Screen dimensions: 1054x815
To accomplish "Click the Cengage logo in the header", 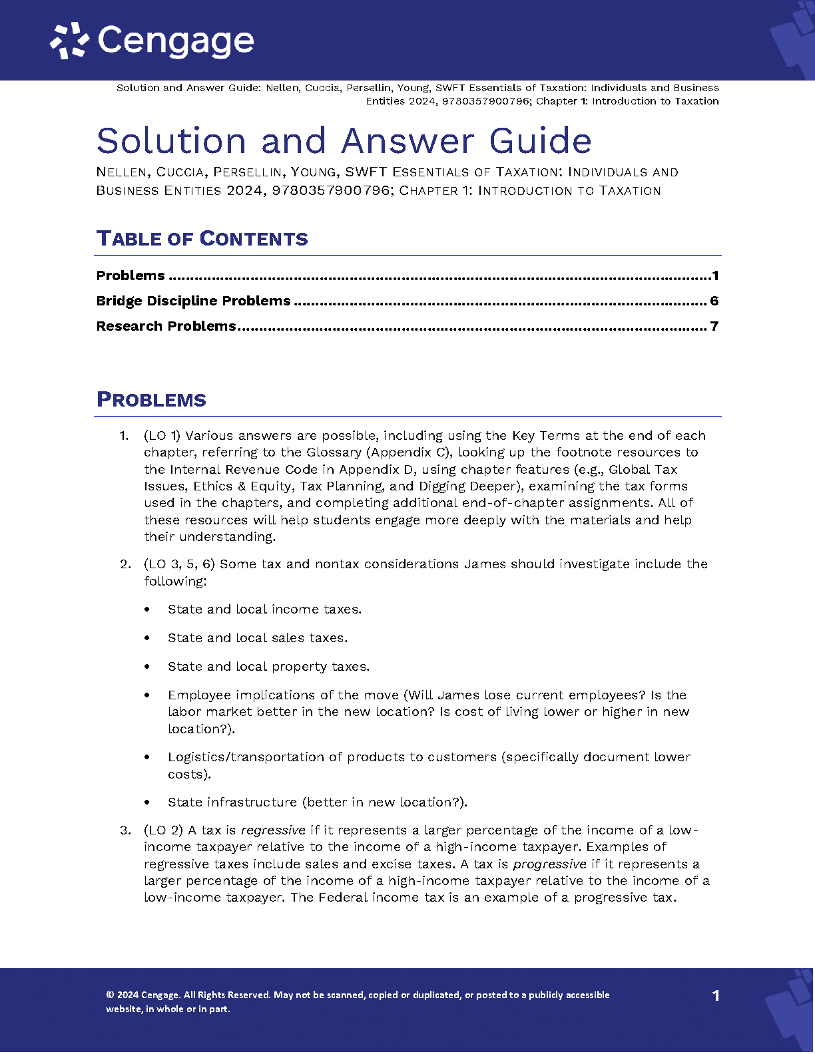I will (x=152, y=41).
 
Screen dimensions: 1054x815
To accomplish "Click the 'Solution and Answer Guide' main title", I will (x=344, y=141).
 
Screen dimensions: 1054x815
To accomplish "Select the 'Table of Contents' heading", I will (x=202, y=239).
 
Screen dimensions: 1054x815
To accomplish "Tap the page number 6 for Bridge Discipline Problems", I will (x=714, y=301).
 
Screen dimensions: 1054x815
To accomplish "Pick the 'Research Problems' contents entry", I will (x=166, y=326).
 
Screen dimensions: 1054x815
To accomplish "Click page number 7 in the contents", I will (x=714, y=326).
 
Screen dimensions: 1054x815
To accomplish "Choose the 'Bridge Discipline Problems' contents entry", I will (x=193, y=301).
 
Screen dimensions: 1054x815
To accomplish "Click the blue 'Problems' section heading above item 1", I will (x=151, y=400).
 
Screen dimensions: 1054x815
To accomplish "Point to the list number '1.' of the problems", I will (x=124, y=436).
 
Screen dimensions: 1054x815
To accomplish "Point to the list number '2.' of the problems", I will (x=125, y=564).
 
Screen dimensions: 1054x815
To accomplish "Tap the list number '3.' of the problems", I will (x=125, y=830).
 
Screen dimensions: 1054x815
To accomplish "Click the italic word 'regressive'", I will (x=273, y=830).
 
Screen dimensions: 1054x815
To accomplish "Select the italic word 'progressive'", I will (x=549, y=864).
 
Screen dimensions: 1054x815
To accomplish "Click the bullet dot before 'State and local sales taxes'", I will (x=147, y=638).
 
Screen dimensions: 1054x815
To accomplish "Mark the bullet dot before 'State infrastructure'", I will (x=147, y=802).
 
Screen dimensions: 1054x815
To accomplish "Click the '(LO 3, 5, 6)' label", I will (x=179, y=564).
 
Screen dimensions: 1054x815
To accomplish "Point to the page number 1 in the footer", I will (x=716, y=995).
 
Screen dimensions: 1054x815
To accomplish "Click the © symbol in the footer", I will (x=110, y=995).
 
